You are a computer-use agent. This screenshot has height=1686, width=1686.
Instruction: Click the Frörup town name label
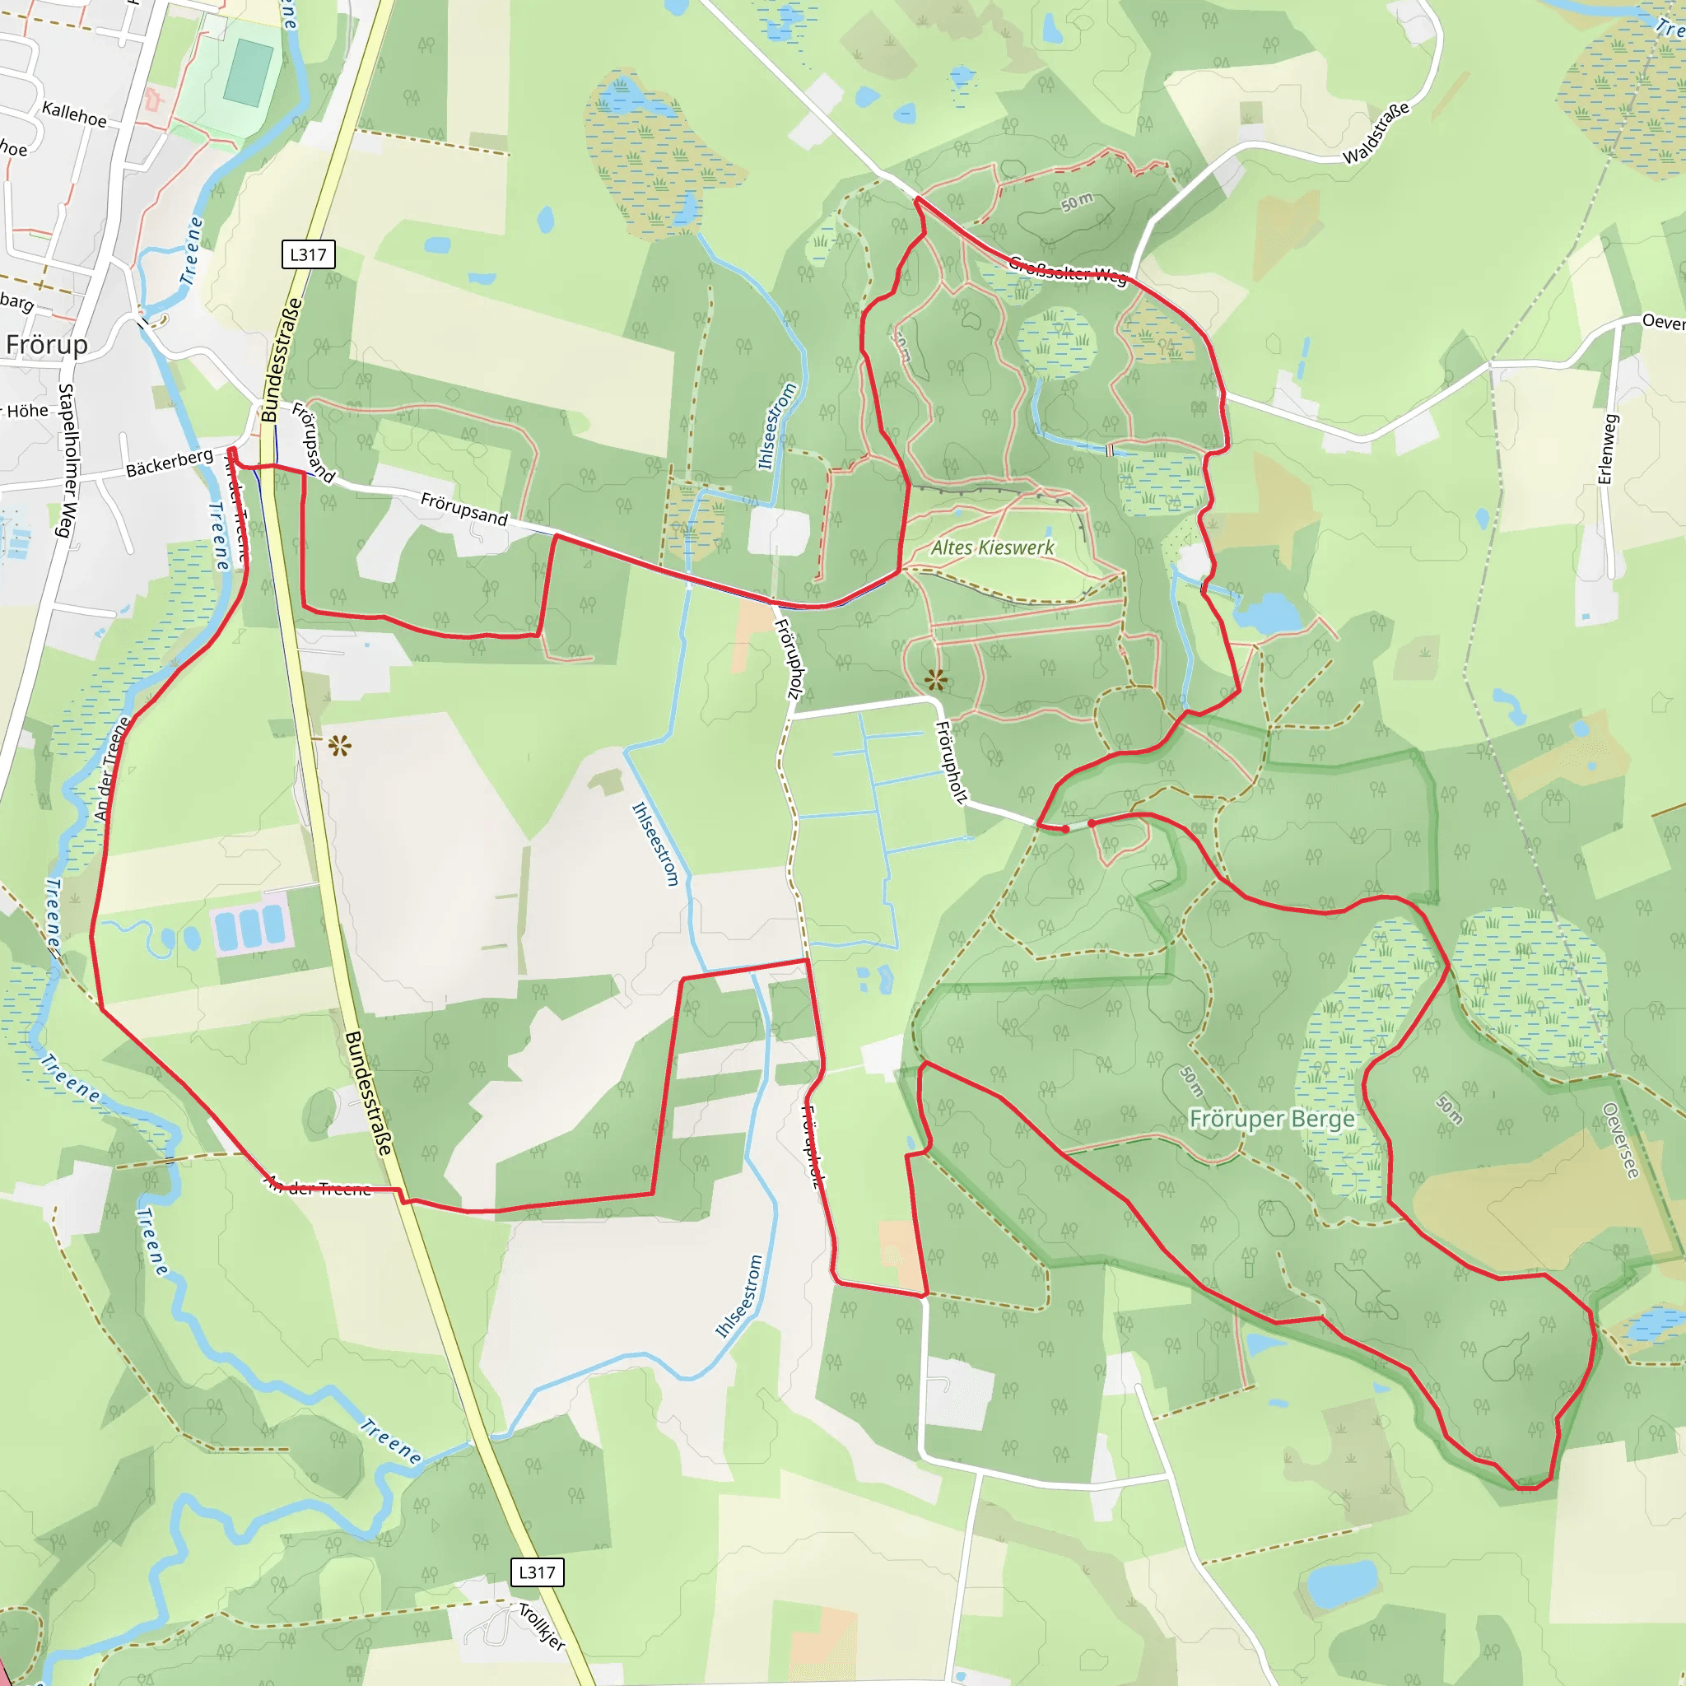(47, 346)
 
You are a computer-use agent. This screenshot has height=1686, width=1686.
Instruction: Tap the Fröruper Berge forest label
(1271, 1119)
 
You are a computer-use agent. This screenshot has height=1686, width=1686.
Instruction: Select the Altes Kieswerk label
(992, 548)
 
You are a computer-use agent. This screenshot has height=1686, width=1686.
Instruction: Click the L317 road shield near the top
(308, 255)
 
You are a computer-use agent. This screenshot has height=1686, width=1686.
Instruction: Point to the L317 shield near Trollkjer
(537, 1572)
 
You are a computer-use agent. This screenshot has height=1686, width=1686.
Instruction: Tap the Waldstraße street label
(1376, 133)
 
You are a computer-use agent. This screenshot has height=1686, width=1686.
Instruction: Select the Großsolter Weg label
(1067, 270)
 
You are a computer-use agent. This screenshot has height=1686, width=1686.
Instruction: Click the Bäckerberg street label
(170, 463)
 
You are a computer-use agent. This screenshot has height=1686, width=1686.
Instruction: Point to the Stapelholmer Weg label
(67, 460)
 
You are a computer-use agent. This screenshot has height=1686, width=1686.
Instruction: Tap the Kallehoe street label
(74, 114)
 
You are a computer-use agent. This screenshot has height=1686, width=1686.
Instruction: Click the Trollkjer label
(542, 1626)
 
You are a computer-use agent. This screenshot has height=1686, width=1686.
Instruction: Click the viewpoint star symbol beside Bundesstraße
(339, 746)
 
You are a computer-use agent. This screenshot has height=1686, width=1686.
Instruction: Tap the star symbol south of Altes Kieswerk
(935, 679)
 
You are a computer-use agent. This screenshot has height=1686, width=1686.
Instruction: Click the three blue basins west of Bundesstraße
(250, 929)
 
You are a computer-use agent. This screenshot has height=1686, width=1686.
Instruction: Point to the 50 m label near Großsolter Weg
(1076, 202)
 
